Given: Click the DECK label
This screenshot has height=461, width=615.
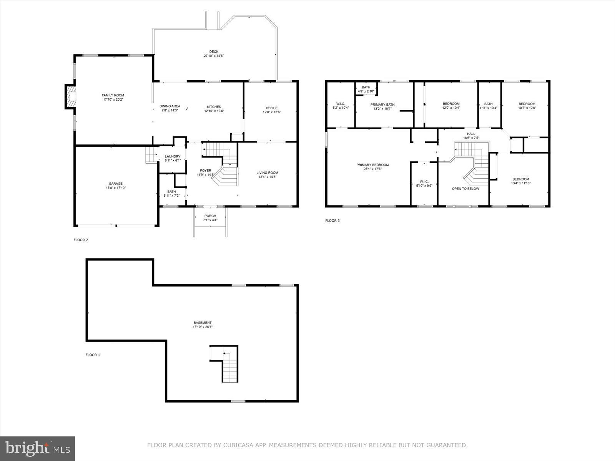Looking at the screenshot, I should (x=214, y=51).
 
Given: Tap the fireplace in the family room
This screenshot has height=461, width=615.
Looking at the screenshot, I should (x=70, y=97).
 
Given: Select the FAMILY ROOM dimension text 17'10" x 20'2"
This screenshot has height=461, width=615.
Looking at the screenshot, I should (x=113, y=99).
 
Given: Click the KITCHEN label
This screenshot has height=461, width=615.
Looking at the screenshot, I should (x=214, y=106).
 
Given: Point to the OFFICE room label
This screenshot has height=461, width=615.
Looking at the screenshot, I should (x=271, y=108).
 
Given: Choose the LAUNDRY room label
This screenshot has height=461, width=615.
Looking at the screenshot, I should (x=173, y=156).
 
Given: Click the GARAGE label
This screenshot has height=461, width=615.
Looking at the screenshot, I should (x=115, y=184).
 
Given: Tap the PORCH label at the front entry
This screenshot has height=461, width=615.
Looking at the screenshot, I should (x=210, y=216).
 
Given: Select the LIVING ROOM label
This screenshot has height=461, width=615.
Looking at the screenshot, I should (x=267, y=172).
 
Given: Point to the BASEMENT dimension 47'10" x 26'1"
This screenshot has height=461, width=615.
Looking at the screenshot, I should (x=203, y=327).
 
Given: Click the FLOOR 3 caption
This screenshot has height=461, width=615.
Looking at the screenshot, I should (x=332, y=221).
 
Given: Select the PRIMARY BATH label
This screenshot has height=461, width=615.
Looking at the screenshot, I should (x=382, y=104).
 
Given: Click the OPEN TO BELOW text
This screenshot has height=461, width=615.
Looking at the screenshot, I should (x=465, y=189).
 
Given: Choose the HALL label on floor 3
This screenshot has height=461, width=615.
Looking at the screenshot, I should (x=471, y=134).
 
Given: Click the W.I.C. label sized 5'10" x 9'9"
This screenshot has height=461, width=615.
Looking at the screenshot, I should (x=424, y=182).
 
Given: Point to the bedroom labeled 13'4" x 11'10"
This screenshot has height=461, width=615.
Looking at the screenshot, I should (x=520, y=179).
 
